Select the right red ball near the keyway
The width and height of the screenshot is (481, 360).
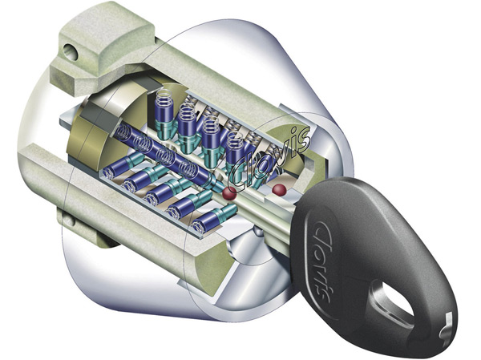[278, 189]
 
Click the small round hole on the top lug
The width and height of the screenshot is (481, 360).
[70, 52]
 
